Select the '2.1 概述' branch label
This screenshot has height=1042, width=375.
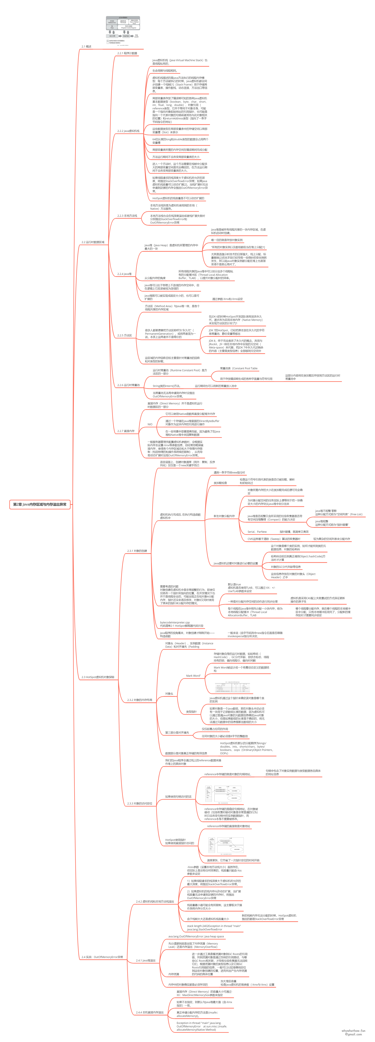(86, 47)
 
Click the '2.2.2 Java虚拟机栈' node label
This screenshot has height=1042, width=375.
(128, 131)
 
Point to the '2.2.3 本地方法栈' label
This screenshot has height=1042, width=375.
(127, 216)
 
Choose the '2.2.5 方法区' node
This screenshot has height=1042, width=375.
(125, 335)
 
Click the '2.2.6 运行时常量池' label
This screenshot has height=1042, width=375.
(128, 385)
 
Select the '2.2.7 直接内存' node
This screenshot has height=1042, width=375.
(126, 431)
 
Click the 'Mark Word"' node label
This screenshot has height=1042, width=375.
(193, 676)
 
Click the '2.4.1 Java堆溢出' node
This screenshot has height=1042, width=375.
(146, 960)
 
